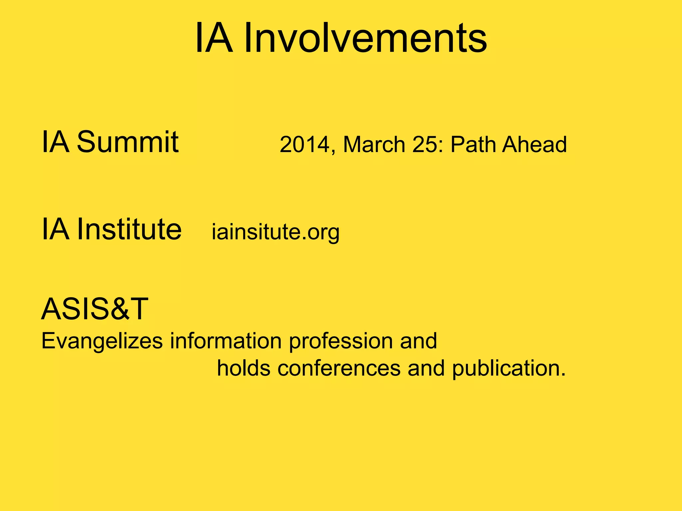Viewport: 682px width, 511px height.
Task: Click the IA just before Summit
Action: [x=55, y=142]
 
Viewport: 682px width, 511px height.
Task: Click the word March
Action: [x=374, y=145]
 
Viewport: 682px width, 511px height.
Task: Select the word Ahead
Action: [x=534, y=145]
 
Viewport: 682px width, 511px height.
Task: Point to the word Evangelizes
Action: [x=102, y=341]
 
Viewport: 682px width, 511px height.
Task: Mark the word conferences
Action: [x=339, y=368]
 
